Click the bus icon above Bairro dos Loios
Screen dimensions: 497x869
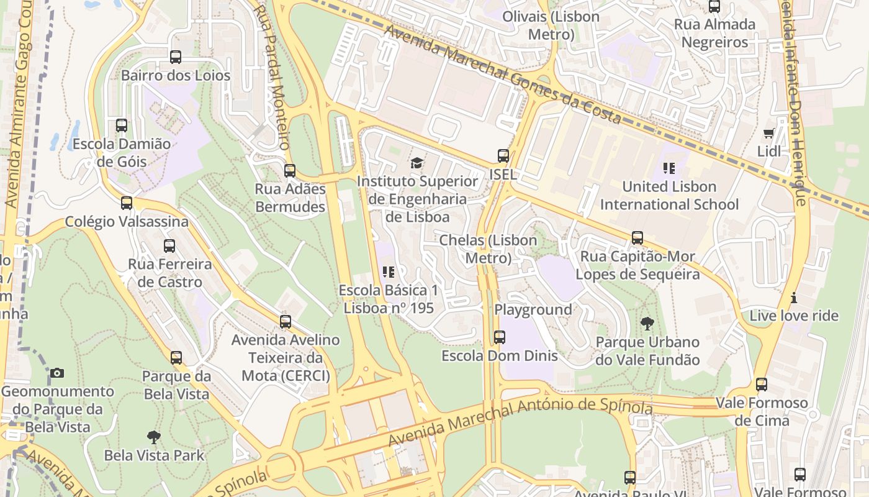[176, 57]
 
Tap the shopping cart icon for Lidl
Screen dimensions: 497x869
[769, 133]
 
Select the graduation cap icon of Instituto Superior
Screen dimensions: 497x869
[417, 163]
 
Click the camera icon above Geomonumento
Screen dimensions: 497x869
[57, 373]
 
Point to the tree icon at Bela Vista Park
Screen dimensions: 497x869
[153, 437]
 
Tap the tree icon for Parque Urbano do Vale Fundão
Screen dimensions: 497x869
[647, 323]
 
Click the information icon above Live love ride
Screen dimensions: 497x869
[793, 298]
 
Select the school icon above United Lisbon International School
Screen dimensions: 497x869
[669, 168]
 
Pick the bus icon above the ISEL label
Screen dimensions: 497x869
[503, 156]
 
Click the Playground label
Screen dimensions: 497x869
[533, 309]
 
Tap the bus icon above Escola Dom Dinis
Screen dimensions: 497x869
[500, 337]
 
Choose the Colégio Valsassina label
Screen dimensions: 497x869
[127, 222]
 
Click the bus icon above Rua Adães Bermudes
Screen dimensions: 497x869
[290, 171]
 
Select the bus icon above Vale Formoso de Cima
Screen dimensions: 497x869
[762, 385]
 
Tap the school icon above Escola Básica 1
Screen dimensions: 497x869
[389, 271]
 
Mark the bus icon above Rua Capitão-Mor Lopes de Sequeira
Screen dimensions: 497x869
[637, 238]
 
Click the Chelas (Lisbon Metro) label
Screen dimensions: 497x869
[488, 248]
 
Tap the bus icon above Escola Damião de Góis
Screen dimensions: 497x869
[122, 125]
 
